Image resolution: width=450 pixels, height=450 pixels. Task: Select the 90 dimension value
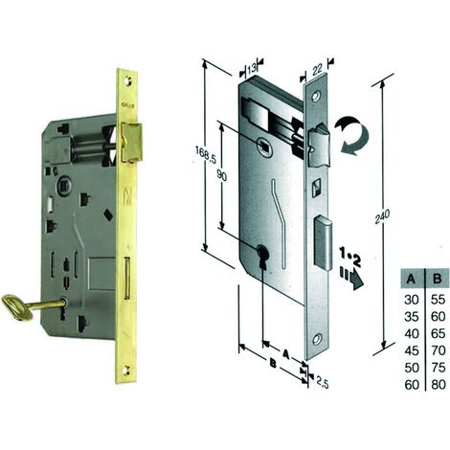tap(222, 175)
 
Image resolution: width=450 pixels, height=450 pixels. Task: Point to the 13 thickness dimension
tap(252, 68)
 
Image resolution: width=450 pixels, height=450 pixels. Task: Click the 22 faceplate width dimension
tap(317, 70)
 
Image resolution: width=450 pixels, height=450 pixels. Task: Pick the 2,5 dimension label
tap(322, 382)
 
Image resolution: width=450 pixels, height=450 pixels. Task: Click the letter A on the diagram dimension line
tap(285, 353)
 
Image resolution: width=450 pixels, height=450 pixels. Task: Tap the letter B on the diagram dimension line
tap(273, 363)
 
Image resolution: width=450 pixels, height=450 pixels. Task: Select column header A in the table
tap(411, 280)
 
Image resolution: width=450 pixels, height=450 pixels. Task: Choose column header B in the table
tap(438, 280)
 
